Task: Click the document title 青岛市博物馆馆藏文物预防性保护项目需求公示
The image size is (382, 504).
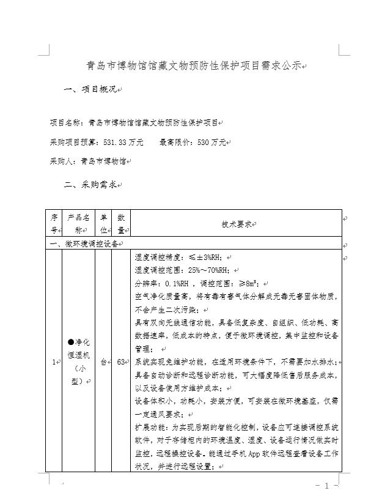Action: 194,66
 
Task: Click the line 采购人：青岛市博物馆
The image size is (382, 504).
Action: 88,161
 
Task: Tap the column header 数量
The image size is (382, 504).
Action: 122,224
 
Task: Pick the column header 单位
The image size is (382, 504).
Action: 104,224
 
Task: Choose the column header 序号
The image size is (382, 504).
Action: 54,224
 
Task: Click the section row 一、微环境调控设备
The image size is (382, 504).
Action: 88,243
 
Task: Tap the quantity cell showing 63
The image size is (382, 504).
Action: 122,362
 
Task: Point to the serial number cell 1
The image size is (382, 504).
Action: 54,362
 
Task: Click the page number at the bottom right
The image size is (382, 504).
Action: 326,486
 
